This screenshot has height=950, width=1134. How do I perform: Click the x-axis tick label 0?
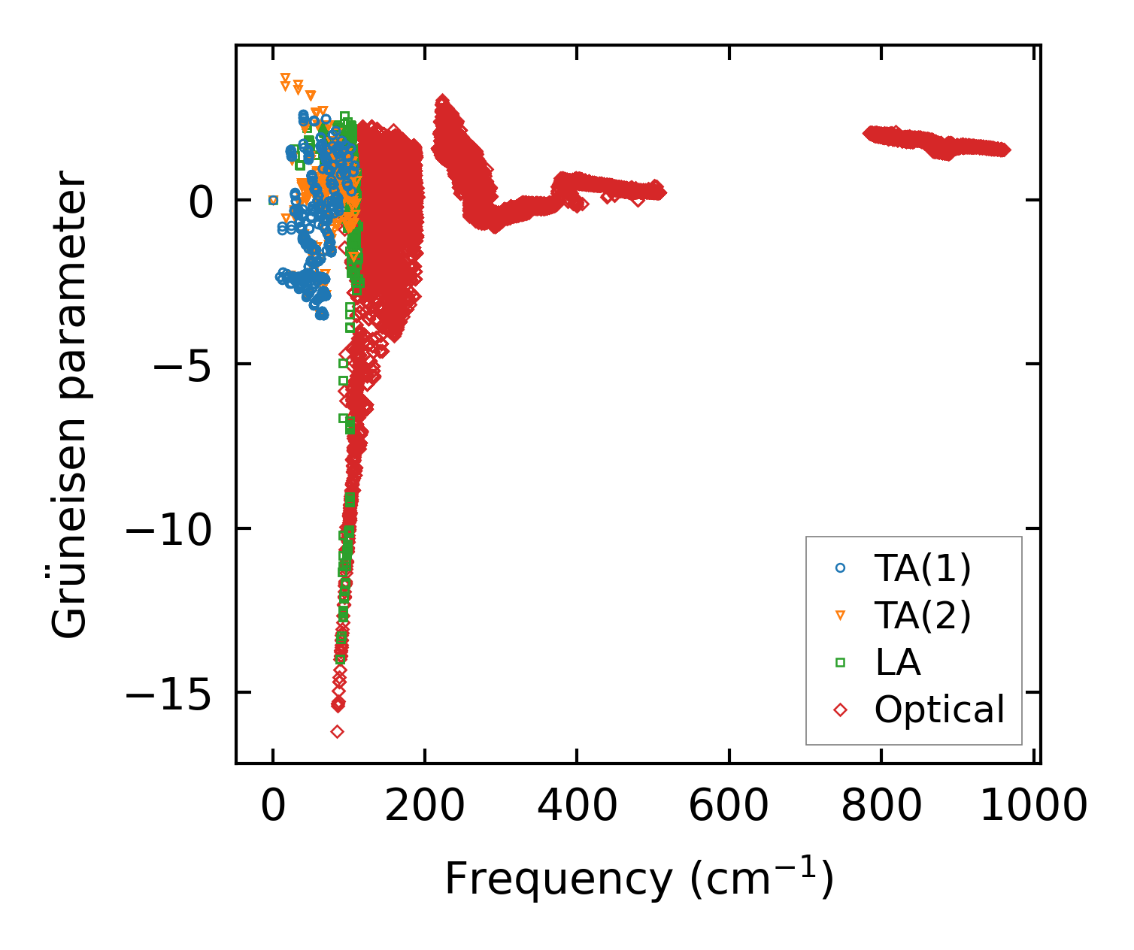click(273, 807)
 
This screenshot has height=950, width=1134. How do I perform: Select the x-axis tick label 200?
click(425, 807)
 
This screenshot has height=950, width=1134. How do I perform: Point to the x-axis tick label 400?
click(577, 807)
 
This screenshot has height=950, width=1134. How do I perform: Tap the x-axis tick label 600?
click(729, 807)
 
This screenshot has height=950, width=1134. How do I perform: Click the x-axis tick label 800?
click(881, 807)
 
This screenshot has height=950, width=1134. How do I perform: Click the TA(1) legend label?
click(923, 569)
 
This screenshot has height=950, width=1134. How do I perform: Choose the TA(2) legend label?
click(923, 616)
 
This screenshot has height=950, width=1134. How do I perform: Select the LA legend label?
click(898, 663)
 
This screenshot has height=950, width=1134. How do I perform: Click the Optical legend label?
click(939, 709)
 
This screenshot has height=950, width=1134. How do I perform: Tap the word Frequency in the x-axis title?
click(557, 879)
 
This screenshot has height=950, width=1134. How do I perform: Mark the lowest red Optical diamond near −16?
click(337, 731)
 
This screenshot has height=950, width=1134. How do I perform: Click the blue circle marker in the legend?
click(841, 569)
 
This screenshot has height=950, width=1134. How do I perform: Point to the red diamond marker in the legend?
click(841, 709)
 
